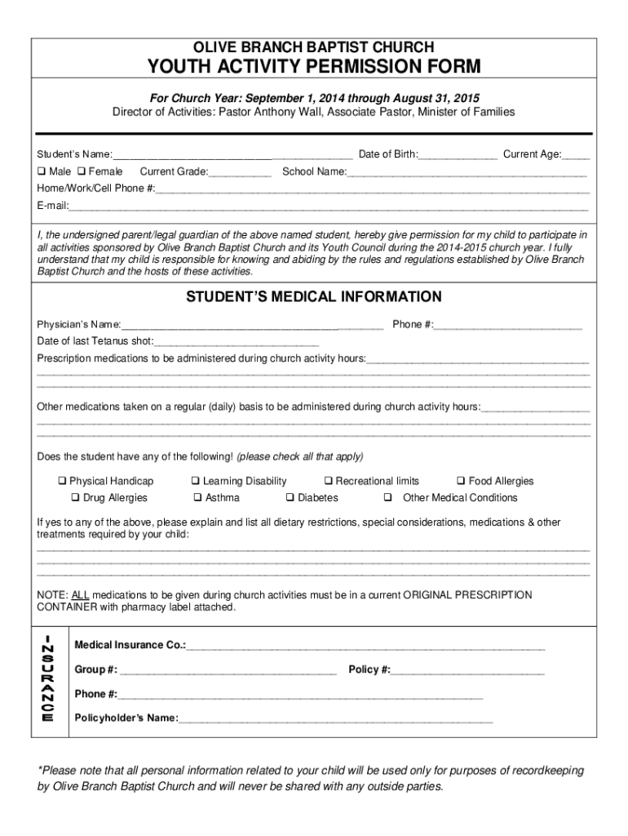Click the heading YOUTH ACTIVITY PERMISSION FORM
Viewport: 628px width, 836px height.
pyautogui.click(x=314, y=66)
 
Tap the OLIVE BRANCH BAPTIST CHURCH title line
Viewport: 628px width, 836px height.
pyautogui.click(x=314, y=47)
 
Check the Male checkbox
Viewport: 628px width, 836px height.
pyautogui.click(x=41, y=171)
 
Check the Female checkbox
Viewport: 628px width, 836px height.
pyautogui.click(x=82, y=171)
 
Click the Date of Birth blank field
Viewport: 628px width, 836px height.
pyautogui.click(x=458, y=154)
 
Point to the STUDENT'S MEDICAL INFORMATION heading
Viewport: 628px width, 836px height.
pyautogui.click(x=314, y=296)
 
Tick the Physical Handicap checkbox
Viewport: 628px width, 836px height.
pyautogui.click(x=62, y=482)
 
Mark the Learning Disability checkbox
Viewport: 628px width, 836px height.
pyautogui.click(x=196, y=482)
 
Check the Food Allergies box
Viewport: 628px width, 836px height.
pyautogui.click(x=461, y=482)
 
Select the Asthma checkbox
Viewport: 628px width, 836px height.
pyautogui.click(x=197, y=498)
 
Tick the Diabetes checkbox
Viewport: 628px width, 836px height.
pyautogui.click(x=290, y=498)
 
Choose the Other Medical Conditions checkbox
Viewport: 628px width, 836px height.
pyautogui.click(x=388, y=498)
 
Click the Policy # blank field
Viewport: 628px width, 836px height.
pyautogui.click(x=467, y=670)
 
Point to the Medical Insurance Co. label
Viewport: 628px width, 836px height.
pyautogui.click(x=130, y=645)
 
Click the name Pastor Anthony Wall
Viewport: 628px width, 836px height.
pyautogui.click(x=270, y=112)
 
